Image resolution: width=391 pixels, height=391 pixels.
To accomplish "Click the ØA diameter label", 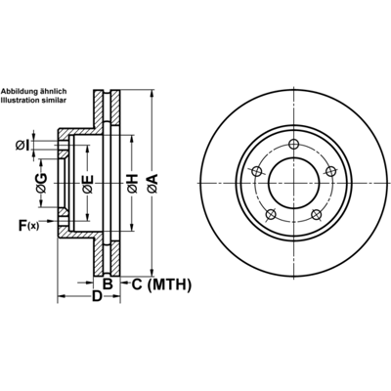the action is pos(152,184).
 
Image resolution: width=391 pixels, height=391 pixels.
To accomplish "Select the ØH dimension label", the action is pos(132,184).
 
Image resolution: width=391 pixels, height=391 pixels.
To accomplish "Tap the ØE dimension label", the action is pos(88,185).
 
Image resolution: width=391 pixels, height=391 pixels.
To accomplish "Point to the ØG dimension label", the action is pos(41,183).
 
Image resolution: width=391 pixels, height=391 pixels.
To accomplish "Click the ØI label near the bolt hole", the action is pos(22,146).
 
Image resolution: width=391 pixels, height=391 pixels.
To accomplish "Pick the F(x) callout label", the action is pos(28,226).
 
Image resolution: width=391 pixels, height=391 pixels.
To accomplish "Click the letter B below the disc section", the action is pos(108,284).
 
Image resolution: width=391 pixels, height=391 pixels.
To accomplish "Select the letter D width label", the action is pos(97,296).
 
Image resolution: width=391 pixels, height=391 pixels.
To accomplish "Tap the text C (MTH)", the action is pos(161,284).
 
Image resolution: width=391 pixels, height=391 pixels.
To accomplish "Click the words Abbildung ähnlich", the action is pos(33,91).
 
